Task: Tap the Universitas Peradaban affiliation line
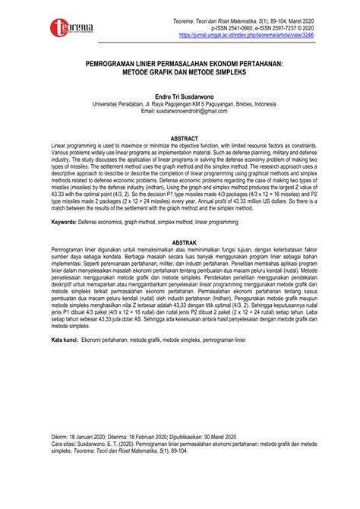(x=178, y=106)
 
